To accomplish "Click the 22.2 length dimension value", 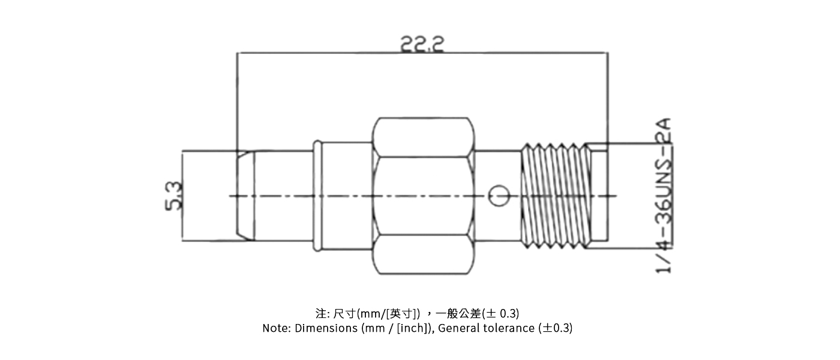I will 422,44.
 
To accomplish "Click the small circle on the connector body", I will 499,196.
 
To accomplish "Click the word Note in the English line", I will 275,328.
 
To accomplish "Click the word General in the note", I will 459,328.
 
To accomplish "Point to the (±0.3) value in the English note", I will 556,328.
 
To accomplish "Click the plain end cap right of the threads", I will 596,196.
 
